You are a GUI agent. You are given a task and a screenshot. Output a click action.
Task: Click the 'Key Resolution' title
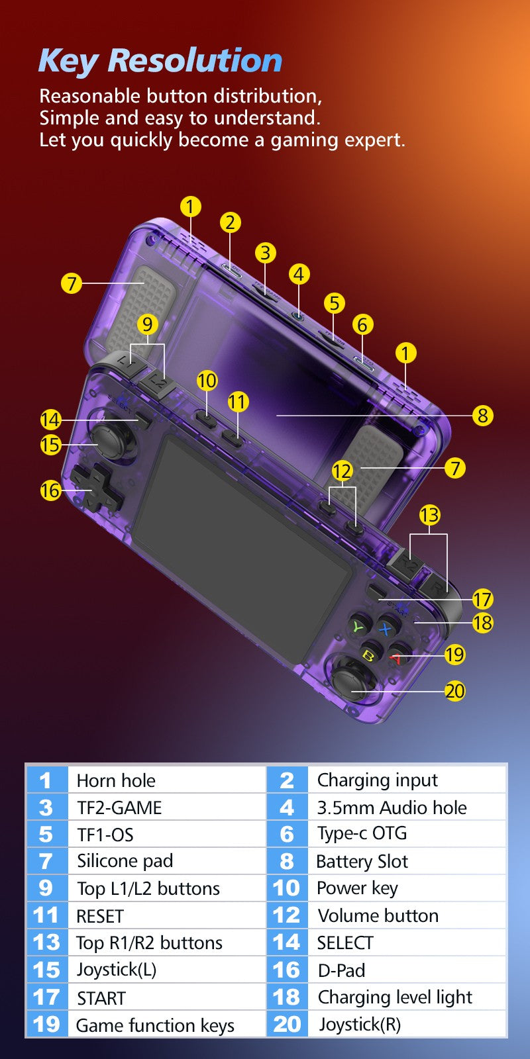[x=160, y=61]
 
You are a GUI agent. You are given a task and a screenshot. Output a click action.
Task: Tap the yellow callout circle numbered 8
[x=482, y=416]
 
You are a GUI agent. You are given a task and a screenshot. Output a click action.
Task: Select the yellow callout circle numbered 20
[x=454, y=691]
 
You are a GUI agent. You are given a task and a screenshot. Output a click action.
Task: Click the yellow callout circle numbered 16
[x=50, y=490]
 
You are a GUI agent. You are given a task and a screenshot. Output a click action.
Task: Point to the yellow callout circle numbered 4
[x=299, y=274]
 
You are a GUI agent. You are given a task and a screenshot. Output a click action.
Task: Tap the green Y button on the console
[x=360, y=626]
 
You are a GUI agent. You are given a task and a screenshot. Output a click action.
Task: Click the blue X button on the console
[x=387, y=628]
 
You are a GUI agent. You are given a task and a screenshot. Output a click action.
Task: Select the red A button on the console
[x=398, y=656]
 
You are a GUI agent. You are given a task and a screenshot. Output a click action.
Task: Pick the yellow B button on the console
[x=370, y=654]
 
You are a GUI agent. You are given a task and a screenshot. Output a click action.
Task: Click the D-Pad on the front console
[x=97, y=487]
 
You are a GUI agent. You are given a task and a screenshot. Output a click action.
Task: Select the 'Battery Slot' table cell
[x=362, y=861]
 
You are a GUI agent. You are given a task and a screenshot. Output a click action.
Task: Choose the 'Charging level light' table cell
[x=395, y=997]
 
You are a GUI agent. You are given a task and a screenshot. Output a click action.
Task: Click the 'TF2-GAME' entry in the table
[x=119, y=808]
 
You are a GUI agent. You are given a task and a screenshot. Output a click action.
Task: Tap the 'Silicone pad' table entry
[x=125, y=861]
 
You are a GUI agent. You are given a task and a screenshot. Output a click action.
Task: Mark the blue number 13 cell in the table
[x=47, y=943]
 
